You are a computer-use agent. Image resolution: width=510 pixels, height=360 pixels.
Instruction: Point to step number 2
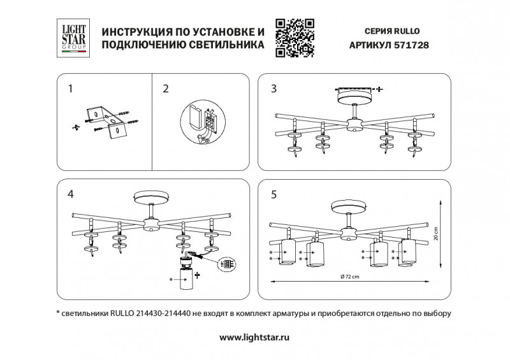click(166, 89)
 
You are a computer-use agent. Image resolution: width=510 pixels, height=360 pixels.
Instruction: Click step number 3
click(273, 89)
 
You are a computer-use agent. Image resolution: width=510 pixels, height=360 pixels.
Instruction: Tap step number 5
click(273, 194)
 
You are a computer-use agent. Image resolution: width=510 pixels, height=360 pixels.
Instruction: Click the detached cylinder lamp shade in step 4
click(186, 278)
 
